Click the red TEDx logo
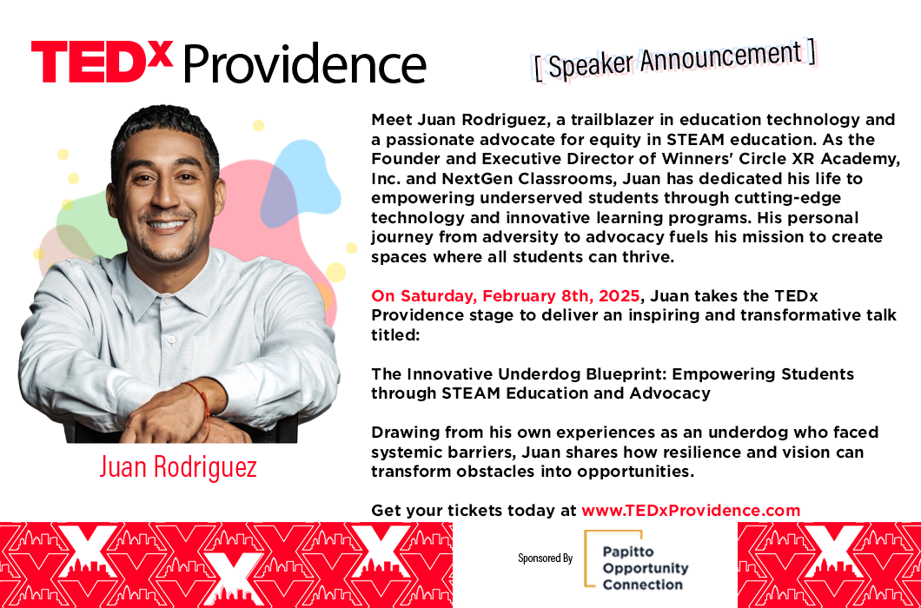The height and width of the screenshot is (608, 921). point(103,62)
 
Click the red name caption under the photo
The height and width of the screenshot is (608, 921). point(178,467)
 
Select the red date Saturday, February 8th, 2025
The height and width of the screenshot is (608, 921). point(505,296)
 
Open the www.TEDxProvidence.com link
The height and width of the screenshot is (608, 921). point(691,511)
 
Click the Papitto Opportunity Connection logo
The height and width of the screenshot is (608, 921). point(637,559)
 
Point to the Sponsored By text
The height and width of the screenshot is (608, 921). point(545,558)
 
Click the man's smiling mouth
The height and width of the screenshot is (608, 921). point(166,224)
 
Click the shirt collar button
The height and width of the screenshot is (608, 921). point(171,340)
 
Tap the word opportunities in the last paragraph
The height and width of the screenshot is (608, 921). point(635,473)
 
